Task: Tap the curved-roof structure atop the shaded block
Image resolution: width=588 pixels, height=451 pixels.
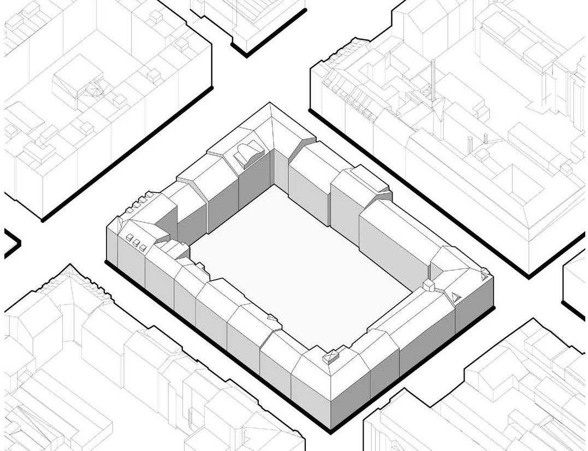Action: (x=248, y=153)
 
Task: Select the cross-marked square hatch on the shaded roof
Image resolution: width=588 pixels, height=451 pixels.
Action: (x=329, y=358)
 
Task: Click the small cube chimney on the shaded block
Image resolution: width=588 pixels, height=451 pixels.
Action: (x=429, y=286)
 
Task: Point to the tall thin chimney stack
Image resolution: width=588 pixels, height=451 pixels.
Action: (x=432, y=82)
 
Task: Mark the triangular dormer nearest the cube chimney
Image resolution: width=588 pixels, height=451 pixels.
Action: (x=455, y=297)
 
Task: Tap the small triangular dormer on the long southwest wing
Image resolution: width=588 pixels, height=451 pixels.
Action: (x=271, y=317)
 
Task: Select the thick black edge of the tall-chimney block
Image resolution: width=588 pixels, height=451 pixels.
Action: (x=415, y=191)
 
